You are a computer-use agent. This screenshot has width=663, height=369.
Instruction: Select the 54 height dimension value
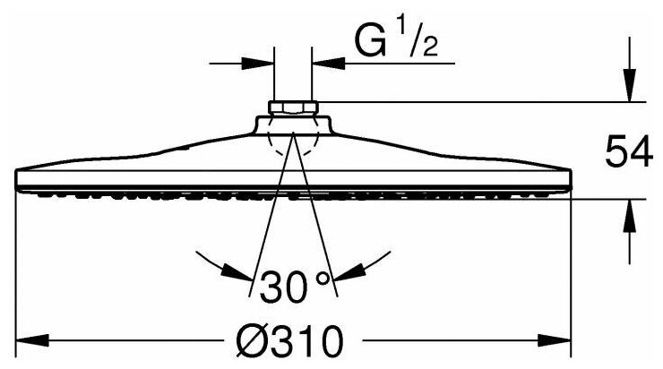tap(626, 152)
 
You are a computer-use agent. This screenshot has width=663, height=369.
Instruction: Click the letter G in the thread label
tap(370, 39)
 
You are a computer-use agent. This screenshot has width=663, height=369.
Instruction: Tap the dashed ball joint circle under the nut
tap(292, 139)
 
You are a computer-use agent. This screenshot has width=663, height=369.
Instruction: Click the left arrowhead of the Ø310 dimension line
tap(32, 341)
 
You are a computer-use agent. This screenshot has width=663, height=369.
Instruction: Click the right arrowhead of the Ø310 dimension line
tap(558, 341)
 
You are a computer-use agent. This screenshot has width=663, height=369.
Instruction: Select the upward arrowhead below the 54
tap(630, 211)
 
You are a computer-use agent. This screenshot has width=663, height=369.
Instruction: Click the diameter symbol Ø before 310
tap(250, 340)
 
